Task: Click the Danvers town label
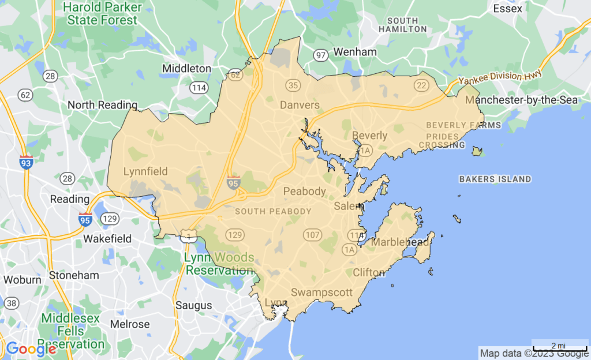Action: coord(300,105)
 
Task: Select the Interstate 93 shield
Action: coord(26,160)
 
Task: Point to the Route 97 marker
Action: coord(321,55)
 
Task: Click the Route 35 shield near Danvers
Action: coord(293,85)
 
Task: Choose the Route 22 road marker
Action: coord(420,85)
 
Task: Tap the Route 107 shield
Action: coord(312,235)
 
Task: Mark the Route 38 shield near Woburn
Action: coord(11,303)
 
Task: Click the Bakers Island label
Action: coord(495,179)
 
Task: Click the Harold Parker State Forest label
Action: coord(102,14)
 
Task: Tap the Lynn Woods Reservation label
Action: coord(219,264)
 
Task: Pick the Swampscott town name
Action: coord(321,292)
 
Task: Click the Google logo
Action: coord(31,348)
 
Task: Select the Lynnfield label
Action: coord(145,171)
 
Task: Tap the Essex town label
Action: coord(508,9)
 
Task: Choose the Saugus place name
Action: coord(194,305)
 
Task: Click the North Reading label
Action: coord(103,105)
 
